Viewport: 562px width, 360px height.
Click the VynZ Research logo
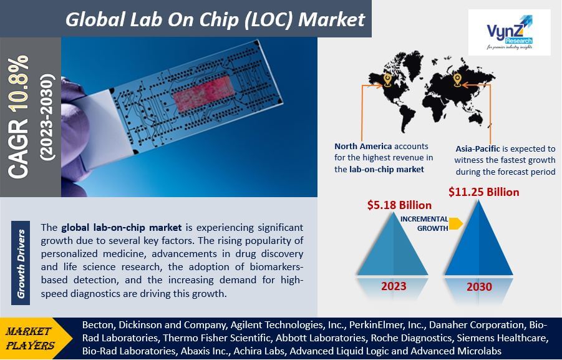coord(510,32)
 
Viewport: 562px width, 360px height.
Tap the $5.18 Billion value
coord(399,205)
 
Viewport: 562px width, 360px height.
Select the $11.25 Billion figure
coord(483,192)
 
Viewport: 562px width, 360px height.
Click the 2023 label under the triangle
coord(394,286)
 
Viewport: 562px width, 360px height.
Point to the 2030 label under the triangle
coord(479,287)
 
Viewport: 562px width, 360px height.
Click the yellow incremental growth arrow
coord(455,223)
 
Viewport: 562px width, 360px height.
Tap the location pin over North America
coord(387,80)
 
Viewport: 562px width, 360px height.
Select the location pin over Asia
coord(457,80)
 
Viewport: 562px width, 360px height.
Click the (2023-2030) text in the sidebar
coord(47,117)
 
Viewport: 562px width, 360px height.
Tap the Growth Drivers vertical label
coord(21,263)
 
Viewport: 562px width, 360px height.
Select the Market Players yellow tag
coord(31,339)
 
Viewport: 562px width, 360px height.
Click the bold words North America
coord(363,146)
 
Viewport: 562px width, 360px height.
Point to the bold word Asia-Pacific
coord(478,149)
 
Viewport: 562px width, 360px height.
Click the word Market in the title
coord(332,19)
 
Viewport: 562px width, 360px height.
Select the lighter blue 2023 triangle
coord(393,244)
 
